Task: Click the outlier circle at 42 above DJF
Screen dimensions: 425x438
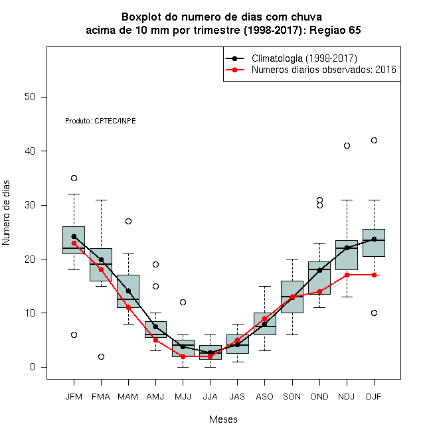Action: [374, 140]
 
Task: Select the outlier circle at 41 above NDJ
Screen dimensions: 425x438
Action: [347, 145]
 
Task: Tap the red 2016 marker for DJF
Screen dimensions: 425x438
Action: [374, 275]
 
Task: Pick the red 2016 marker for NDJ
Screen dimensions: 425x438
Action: [347, 275]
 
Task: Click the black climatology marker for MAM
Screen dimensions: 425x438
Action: [128, 291]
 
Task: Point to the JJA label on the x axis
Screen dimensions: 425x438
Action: [210, 396]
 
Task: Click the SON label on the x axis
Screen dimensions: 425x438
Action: [292, 396]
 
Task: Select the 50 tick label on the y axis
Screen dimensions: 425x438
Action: [30, 97]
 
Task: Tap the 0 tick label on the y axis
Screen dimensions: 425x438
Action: [33, 367]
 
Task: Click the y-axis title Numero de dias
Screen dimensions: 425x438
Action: [6, 213]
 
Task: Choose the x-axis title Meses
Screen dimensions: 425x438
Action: [223, 419]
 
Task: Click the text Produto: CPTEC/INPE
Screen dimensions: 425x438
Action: [100, 121]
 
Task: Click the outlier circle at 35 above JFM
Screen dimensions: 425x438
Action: [74, 178]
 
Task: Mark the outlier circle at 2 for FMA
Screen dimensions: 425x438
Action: [101, 356]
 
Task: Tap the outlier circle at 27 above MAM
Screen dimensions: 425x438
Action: [128, 221]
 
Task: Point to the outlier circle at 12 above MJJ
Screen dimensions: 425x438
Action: [183, 302]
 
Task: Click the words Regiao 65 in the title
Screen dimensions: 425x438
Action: [335, 30]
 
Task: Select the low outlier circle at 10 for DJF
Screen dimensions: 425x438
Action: [374, 313]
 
